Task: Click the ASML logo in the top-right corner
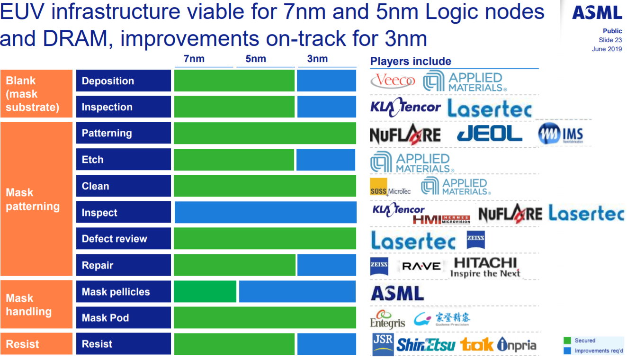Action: [x=597, y=12]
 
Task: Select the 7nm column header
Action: [x=194, y=59]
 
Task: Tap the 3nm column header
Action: [x=317, y=59]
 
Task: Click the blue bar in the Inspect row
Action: [x=265, y=212]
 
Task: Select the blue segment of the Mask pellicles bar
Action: [x=297, y=291]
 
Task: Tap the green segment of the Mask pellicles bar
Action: [x=205, y=291]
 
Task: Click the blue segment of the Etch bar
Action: [x=325, y=160]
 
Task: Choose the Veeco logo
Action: [x=393, y=81]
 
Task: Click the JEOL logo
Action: [x=489, y=134]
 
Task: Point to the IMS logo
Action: [x=561, y=135]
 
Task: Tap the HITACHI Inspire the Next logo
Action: [x=485, y=267]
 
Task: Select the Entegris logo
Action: [x=387, y=319]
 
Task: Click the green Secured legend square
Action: [x=567, y=341]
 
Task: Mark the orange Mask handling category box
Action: [x=36, y=305]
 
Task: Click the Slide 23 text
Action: [x=610, y=40]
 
